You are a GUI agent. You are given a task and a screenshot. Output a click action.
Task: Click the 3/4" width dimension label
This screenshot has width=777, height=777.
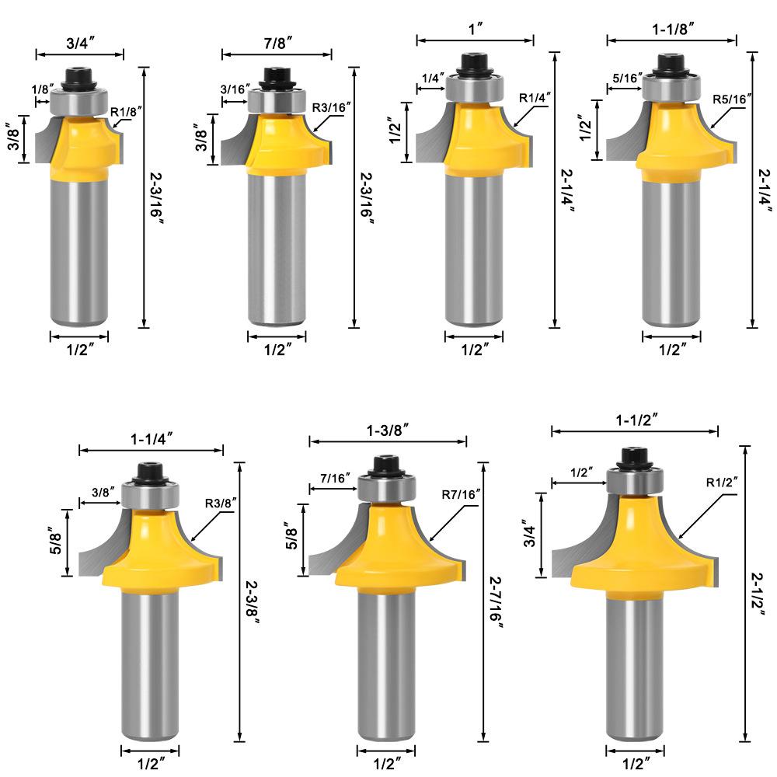pos(80,43)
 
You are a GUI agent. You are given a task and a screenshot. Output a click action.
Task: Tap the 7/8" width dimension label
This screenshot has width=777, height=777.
pos(277,43)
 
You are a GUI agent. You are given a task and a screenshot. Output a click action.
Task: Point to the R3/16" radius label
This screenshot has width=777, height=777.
pos(332,107)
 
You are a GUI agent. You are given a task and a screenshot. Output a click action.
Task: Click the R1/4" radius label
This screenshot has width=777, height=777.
pos(535,98)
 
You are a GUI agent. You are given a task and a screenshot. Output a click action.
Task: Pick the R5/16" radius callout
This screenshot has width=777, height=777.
pos(732,99)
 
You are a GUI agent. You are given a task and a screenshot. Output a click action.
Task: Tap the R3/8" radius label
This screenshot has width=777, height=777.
pos(221,503)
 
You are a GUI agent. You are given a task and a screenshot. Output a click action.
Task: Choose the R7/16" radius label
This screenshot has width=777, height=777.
pos(461,494)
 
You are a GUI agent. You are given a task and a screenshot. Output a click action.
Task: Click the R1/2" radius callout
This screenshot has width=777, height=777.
pos(722,483)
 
